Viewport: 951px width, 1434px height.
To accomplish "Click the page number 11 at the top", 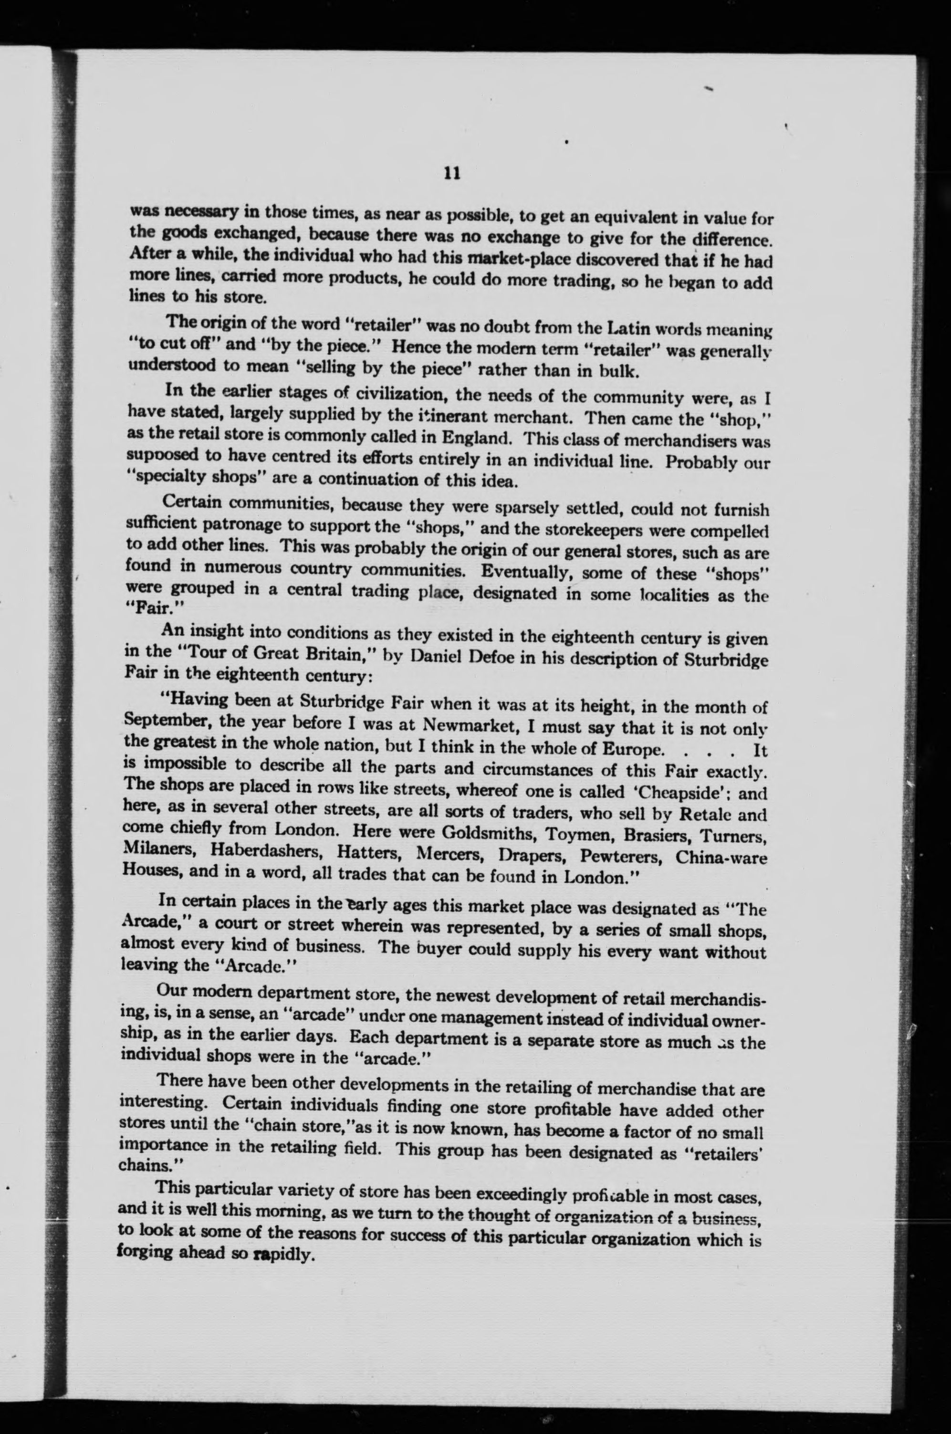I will pyautogui.click(x=452, y=174).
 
